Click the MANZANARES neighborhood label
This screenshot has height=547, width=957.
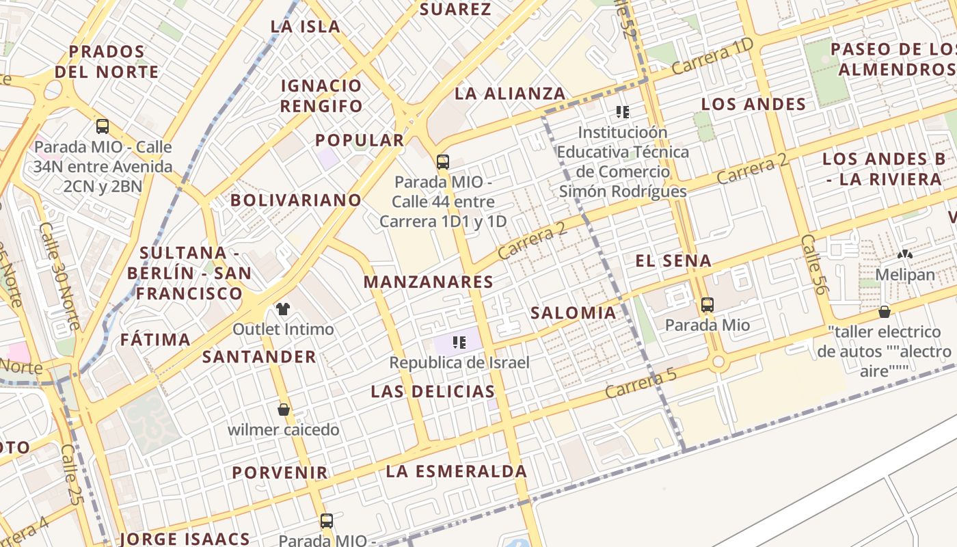pos(428,282)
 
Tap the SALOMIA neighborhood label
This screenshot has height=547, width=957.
pos(573,313)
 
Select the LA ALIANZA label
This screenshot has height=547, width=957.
pos(510,94)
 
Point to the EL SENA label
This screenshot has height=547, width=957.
pos(673,261)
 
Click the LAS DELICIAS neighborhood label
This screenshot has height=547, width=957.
pos(433,392)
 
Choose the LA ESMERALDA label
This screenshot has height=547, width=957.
pos(456,471)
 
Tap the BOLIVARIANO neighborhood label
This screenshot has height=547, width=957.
pos(295,200)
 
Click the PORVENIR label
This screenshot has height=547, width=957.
pos(280,472)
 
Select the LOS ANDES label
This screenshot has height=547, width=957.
pos(753,105)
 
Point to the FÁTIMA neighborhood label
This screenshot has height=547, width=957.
pos(155,340)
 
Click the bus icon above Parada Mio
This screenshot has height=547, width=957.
pos(707,305)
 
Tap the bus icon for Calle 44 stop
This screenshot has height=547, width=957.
pos(443,162)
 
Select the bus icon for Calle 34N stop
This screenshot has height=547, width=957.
pos(103,126)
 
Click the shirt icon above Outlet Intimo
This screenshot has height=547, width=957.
pos(283,309)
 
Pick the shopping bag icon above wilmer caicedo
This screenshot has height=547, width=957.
pos(283,410)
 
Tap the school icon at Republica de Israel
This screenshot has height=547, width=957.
pos(459,342)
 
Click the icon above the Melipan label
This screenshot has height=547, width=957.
pos(905,254)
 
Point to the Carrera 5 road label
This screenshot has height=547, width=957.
pos(640,384)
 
